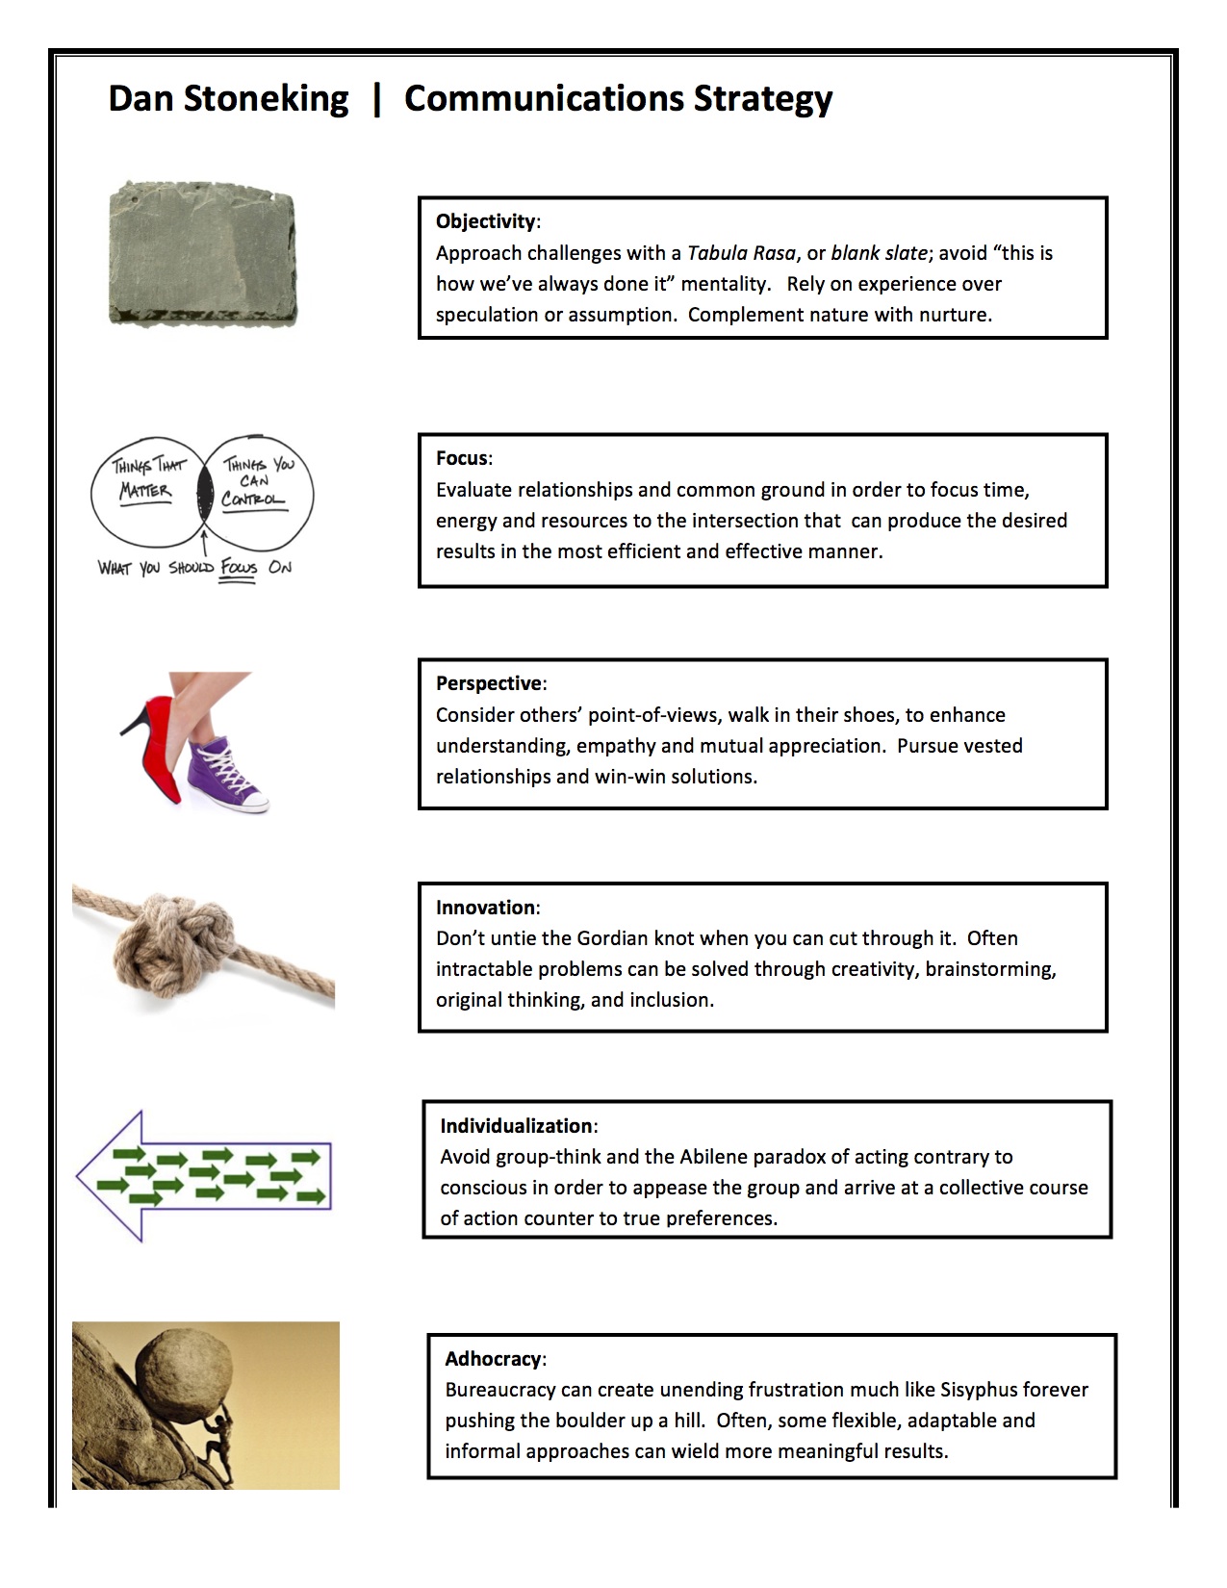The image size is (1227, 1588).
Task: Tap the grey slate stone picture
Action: (202, 252)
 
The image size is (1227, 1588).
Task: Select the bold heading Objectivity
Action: (485, 221)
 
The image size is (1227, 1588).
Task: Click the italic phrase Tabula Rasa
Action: (741, 253)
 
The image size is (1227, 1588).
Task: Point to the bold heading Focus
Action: (462, 458)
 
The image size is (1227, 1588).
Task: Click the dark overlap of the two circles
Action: (203, 492)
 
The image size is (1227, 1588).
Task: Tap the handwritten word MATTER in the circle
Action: (145, 491)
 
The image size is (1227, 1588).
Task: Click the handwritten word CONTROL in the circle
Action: (253, 499)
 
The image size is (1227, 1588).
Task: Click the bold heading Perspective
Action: (489, 683)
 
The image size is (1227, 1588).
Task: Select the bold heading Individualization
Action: (516, 1126)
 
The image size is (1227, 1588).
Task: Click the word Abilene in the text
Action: (715, 1157)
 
